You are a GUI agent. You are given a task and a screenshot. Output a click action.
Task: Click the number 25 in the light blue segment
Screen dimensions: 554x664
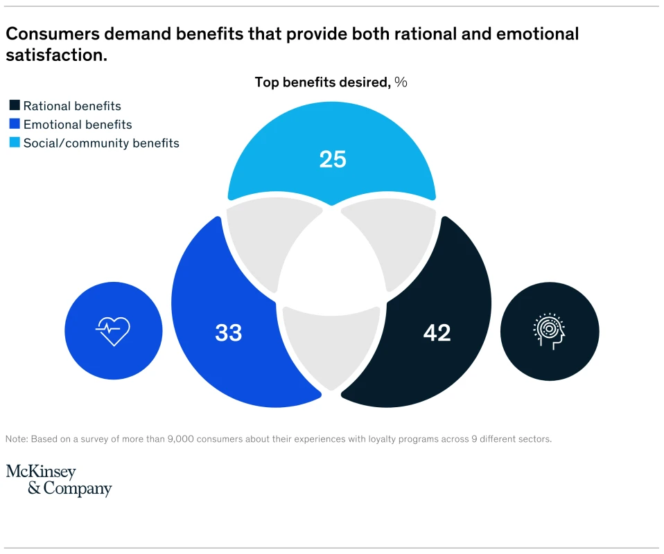tap(333, 159)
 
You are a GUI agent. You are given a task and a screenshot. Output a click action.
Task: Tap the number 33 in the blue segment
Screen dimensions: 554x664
tap(229, 333)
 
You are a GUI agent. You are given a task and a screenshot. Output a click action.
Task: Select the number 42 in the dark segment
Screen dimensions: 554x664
tap(437, 333)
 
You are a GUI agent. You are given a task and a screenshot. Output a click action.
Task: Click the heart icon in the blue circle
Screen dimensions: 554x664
tap(113, 330)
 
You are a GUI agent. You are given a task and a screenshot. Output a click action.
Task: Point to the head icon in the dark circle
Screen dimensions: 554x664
tap(550, 331)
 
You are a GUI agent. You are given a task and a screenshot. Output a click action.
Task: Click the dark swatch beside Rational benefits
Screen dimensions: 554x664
tap(15, 106)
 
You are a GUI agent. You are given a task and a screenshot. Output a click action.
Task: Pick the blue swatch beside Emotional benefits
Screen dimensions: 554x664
tap(15, 125)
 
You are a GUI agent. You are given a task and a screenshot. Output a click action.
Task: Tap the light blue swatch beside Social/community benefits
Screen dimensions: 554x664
tap(15, 143)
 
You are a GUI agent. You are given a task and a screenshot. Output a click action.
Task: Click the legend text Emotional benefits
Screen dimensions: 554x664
tap(78, 125)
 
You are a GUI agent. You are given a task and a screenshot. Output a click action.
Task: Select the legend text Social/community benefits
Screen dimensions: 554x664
tap(101, 143)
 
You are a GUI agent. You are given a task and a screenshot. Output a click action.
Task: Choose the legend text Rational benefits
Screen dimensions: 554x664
tap(72, 106)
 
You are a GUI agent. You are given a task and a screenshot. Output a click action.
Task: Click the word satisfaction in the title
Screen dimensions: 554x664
tap(56, 55)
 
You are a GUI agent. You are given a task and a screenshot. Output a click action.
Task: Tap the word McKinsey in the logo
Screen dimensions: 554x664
tap(41, 472)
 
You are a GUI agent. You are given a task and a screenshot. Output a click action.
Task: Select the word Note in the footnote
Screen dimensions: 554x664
tap(17, 439)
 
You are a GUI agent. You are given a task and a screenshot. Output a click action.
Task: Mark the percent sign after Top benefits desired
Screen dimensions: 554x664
tap(401, 82)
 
